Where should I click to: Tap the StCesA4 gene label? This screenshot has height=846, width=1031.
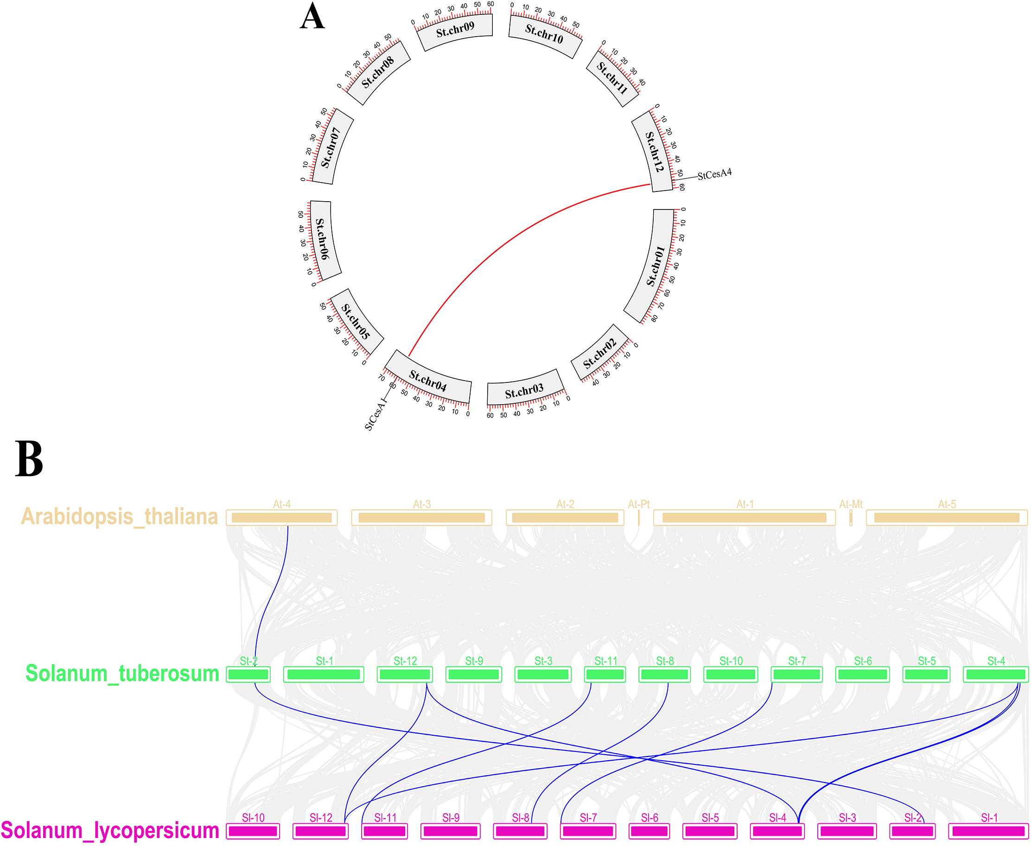(714, 174)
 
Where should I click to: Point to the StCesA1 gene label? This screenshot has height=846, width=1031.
(375, 415)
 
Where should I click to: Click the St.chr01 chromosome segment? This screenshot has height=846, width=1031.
(651, 266)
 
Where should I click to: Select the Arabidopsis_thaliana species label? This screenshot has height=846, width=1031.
(120, 516)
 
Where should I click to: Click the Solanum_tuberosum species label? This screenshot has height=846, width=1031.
(122, 674)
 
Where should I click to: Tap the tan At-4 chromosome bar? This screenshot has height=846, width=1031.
(282, 517)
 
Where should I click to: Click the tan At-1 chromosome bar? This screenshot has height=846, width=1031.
(744, 517)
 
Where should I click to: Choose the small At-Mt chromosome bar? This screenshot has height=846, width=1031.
(851, 517)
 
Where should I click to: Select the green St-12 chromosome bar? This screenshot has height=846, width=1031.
(405, 674)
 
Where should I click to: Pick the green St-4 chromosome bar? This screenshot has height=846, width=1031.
(996, 674)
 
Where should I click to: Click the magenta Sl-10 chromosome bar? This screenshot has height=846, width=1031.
(253, 831)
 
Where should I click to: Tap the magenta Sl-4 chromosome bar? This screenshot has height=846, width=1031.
(777, 831)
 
